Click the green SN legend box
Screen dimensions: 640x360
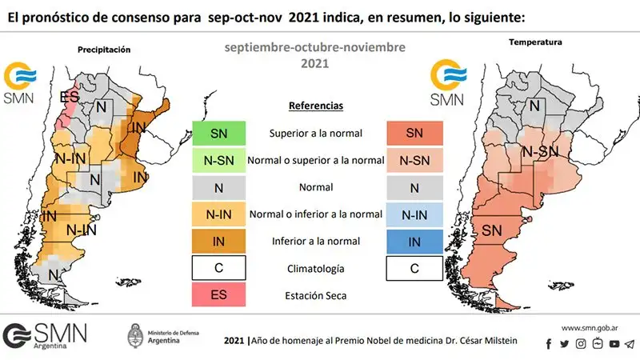(218, 133)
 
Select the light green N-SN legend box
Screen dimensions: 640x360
(218, 161)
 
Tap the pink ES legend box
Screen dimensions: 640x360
(218, 294)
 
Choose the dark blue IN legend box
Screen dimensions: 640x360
(414, 242)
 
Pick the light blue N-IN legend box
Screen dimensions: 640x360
(414, 214)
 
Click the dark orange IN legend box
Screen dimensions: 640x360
(218, 242)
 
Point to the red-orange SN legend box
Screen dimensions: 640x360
(414, 133)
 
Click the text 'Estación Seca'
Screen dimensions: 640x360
(315, 295)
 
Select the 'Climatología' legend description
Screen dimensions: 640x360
(315, 269)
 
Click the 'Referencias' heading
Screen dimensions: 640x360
(316, 106)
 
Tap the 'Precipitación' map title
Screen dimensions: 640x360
(104, 50)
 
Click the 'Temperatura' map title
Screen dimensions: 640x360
(535, 42)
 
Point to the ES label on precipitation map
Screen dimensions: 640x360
(70, 97)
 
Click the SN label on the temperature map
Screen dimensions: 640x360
(491, 230)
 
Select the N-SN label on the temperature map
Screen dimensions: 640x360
(540, 152)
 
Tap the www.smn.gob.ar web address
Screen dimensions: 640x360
(590, 328)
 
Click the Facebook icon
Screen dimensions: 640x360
(549, 344)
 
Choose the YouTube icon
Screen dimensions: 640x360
(614, 344)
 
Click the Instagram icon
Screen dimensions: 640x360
(581, 344)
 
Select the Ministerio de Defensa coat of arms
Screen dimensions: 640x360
(135, 336)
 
